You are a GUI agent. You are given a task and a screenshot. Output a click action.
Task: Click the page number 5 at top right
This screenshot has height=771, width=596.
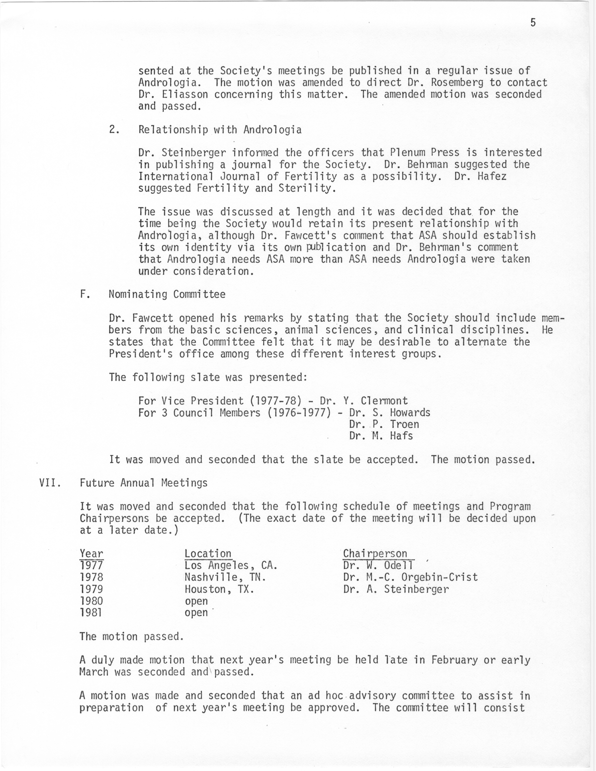click(533, 23)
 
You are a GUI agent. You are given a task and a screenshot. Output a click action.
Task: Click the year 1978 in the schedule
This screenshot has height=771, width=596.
click(92, 577)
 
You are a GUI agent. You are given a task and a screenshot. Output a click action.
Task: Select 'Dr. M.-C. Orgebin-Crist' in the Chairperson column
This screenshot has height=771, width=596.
click(410, 577)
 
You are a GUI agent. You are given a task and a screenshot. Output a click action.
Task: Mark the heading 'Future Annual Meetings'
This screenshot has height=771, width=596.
click(144, 483)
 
